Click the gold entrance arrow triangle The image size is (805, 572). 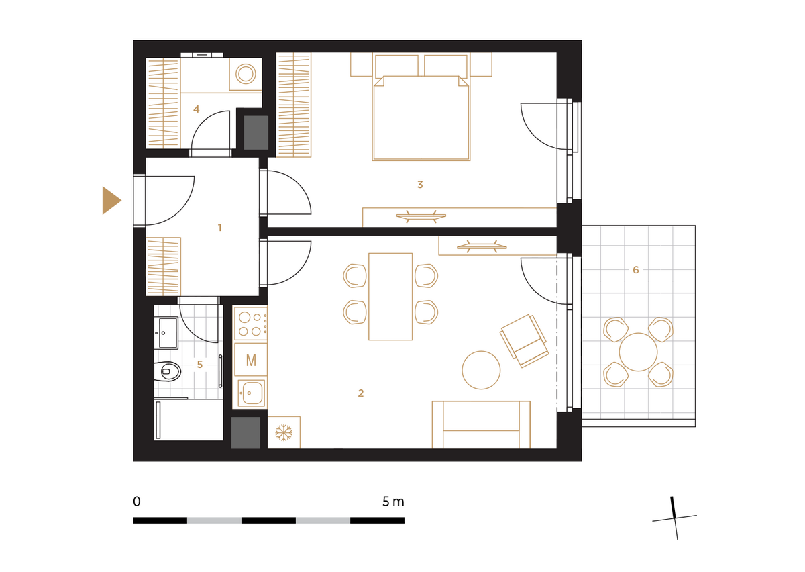click(x=111, y=200)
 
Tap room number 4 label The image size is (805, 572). click(x=196, y=109)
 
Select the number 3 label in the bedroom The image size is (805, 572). click(x=420, y=185)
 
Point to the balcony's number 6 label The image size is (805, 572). click(x=636, y=269)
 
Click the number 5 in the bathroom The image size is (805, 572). click(x=200, y=365)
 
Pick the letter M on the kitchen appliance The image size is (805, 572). click(x=251, y=360)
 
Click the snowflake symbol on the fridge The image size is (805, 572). click(x=284, y=432)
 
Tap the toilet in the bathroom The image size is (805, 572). click(x=167, y=371)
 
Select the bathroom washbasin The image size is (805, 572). click(x=166, y=333)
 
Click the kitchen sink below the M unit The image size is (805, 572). click(x=251, y=393)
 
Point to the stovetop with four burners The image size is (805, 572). click(x=251, y=324)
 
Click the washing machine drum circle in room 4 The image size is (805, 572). click(x=246, y=74)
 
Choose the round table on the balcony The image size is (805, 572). click(x=638, y=352)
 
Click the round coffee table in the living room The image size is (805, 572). click(x=481, y=370)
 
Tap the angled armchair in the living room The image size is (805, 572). click(x=525, y=340)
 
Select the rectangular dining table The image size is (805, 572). click(x=390, y=297)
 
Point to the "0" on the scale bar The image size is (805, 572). click(x=137, y=501)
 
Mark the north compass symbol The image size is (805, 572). click(x=675, y=518)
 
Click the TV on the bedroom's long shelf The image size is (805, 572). click(x=421, y=217)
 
